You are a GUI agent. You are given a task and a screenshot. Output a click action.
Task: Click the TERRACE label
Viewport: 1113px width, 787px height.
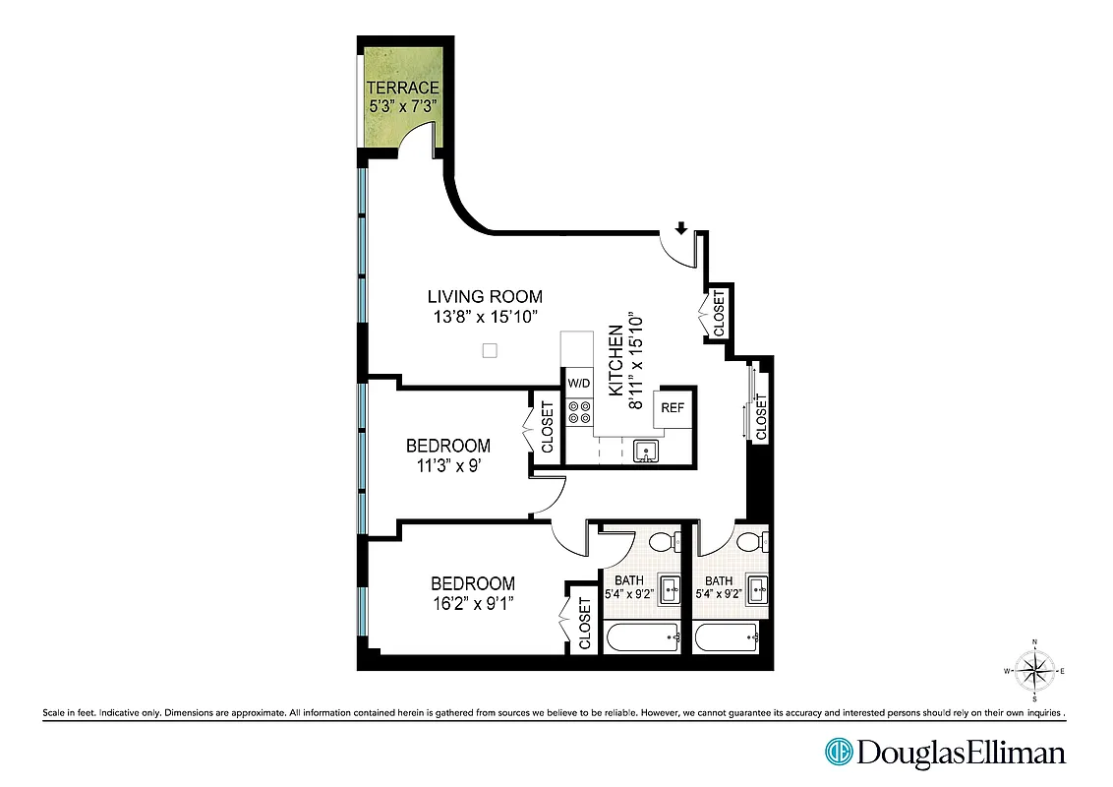[x=402, y=88]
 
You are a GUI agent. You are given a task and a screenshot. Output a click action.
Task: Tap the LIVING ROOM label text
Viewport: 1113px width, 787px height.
[x=485, y=296]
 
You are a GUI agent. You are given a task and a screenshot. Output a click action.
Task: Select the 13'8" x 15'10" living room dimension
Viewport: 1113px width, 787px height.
[x=485, y=317]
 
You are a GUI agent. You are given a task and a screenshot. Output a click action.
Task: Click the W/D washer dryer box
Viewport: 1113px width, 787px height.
[x=578, y=383]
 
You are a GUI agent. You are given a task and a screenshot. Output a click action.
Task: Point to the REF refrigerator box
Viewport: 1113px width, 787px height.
[x=673, y=408]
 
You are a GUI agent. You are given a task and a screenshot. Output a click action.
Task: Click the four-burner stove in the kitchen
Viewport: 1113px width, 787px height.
[x=579, y=412]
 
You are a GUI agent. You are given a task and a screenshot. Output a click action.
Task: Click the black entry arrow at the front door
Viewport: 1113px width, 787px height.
[x=681, y=228]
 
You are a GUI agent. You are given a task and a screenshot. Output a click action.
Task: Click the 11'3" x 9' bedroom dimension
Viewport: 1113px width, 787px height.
[x=447, y=466]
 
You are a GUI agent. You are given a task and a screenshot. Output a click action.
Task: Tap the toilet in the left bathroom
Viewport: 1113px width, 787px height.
[x=663, y=542]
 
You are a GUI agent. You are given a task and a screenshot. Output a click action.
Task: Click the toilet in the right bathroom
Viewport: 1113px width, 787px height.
[x=753, y=542]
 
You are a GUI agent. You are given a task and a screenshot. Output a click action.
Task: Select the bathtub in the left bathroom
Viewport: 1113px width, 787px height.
[x=641, y=638]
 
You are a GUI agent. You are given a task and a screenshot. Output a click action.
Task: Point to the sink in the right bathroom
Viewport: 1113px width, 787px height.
[x=758, y=591]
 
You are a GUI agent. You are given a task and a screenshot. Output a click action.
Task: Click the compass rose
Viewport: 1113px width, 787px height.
[x=1034, y=671]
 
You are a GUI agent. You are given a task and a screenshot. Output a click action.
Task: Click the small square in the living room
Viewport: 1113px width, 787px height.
[x=491, y=350]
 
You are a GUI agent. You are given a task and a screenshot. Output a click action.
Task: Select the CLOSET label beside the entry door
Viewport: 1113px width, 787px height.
[x=719, y=313]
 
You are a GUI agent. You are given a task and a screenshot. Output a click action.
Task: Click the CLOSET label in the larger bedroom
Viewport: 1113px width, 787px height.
[x=584, y=624]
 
